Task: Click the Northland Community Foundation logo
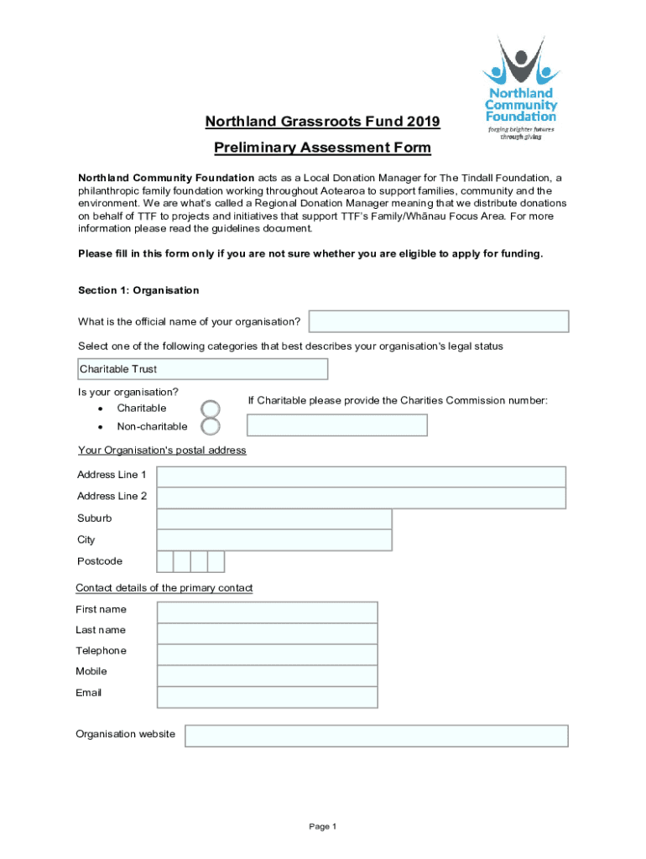point(520,88)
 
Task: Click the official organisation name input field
point(439,321)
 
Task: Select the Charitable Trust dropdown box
point(201,369)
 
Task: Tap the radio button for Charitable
point(211,409)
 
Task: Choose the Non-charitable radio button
point(211,426)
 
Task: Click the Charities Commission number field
point(336,425)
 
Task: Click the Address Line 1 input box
point(361,476)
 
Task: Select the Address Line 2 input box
point(361,497)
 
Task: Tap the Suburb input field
point(274,519)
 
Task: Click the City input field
point(274,540)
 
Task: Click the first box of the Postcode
point(165,561)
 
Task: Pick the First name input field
point(267,612)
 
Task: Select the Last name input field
point(267,633)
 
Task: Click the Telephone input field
point(267,653)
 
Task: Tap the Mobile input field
point(267,675)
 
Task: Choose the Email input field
point(267,696)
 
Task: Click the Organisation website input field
point(376,736)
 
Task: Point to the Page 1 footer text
point(322,827)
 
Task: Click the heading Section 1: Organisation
point(138,290)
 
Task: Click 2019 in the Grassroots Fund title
point(421,122)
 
